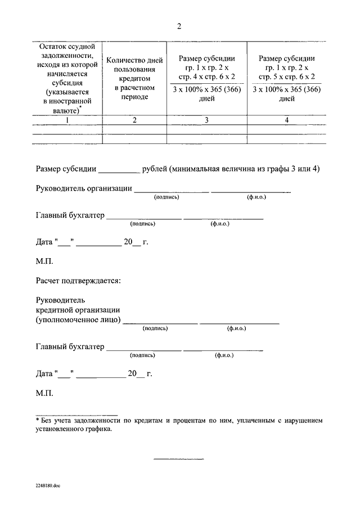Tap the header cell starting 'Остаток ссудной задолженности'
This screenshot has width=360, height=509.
coord(67,78)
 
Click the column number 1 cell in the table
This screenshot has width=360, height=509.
coord(67,120)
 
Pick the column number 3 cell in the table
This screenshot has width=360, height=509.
coord(206,120)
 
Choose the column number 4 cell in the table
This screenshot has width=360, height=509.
coord(286,120)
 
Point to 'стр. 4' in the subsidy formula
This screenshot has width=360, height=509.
coord(187,77)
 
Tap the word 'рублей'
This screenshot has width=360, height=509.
coord(155,168)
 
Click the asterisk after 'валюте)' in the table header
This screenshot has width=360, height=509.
coord(81,107)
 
